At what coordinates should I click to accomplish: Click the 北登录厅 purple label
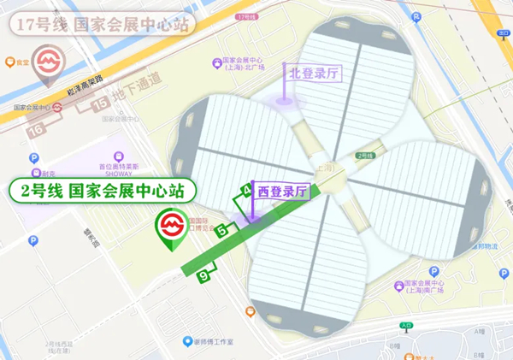[x=313, y=73]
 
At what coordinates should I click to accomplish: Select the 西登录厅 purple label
[x=282, y=192]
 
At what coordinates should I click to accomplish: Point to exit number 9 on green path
[x=203, y=275]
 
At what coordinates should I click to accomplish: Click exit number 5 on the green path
[x=222, y=230]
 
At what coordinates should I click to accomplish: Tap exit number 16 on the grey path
[x=36, y=130]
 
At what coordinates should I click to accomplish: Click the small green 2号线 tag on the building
[x=365, y=155]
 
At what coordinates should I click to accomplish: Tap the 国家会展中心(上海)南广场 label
[x=425, y=289]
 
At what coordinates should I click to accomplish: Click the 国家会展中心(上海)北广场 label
[x=244, y=67]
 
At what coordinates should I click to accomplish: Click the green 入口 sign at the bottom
[x=404, y=325]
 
